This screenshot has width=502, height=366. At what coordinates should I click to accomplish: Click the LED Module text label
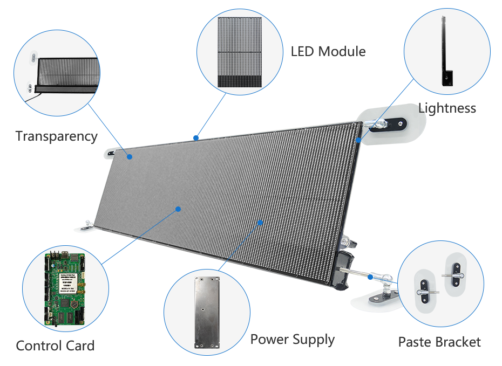[328, 52]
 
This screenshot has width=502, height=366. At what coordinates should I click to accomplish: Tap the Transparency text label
[56, 136]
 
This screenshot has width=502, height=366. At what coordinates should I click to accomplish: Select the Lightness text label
[447, 108]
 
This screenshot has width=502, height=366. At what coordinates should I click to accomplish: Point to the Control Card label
[55, 346]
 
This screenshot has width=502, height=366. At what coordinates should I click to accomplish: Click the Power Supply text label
[292, 340]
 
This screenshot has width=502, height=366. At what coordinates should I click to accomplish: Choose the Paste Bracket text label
[439, 342]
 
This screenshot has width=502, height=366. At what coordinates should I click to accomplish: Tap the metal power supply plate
[207, 313]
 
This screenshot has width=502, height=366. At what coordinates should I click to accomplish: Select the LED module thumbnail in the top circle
[240, 51]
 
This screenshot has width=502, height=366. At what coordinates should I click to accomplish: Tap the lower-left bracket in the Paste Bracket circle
[426, 289]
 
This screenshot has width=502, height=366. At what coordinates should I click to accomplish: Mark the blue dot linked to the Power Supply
[260, 222]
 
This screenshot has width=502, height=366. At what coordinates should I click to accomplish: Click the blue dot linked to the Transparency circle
[130, 157]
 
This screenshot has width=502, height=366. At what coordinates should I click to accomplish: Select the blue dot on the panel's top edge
[197, 138]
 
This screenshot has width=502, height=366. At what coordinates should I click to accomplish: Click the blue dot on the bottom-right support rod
[370, 277]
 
